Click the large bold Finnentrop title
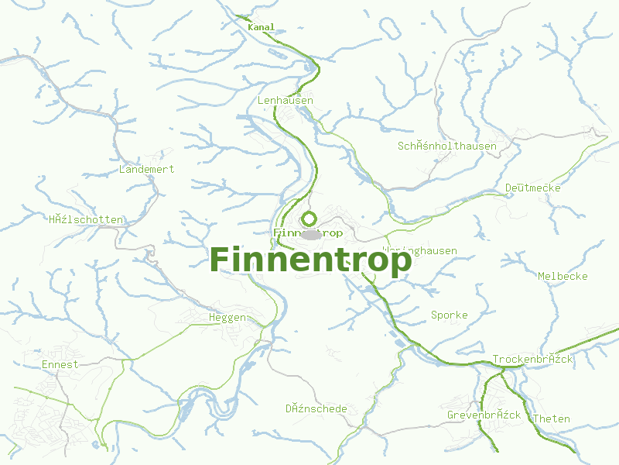pos(310,260)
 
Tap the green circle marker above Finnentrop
pos(309,219)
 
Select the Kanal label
pos(261,27)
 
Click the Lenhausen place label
pos(285,101)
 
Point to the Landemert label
pos(146,169)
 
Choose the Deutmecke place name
pos(532,188)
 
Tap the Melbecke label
pos(563,276)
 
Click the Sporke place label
pos(449,315)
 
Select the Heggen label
pos(227,317)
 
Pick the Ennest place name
pos(60,364)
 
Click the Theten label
pos(551,418)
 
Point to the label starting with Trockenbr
pos(532,360)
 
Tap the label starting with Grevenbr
pos(484,415)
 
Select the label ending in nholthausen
pos(447,146)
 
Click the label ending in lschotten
pos(85,219)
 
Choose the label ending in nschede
pos(316,408)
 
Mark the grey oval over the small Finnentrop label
pos(310,233)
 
